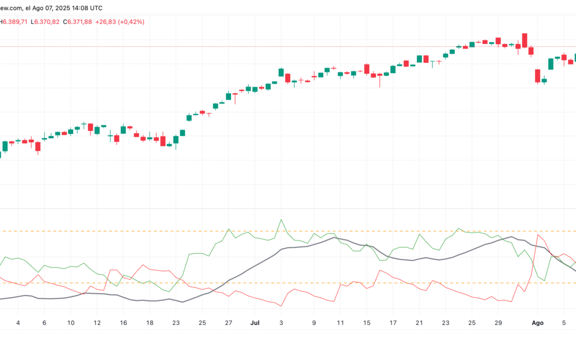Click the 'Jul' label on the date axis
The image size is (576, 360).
255,323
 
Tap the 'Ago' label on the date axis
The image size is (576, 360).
538,323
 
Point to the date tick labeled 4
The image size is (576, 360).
18,323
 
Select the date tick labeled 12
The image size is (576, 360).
97,323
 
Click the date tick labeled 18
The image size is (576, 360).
149,323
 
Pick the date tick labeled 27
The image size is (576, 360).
228,323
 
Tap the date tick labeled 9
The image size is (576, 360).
314,323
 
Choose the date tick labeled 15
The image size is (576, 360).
367,323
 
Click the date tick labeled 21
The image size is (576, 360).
419,323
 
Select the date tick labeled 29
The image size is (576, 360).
498,323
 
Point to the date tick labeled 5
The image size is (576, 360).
564,323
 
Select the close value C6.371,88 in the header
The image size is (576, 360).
77,21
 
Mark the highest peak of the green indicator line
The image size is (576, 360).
281,219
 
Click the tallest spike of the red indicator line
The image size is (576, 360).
538,235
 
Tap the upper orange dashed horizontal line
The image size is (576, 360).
373,231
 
